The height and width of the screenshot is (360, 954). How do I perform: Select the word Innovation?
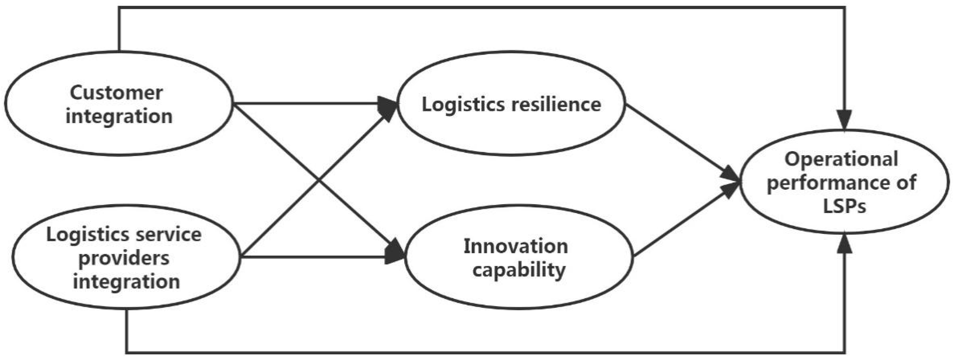[x=516, y=246]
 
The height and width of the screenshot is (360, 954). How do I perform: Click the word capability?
[x=519, y=270]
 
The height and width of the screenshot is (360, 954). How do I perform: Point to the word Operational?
[x=841, y=160]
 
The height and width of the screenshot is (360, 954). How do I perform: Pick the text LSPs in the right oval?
[x=844, y=206]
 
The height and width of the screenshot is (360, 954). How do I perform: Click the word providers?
[x=124, y=258]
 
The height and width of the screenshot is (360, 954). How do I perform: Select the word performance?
[x=826, y=183]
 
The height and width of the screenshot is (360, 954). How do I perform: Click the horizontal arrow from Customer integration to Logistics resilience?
[x=311, y=103]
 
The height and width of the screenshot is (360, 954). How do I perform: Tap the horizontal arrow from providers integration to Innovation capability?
[x=315, y=256]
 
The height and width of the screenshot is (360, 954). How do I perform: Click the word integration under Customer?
[x=119, y=116]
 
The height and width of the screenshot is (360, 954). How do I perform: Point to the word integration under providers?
[x=126, y=281]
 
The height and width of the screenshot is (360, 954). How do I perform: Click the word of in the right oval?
[x=906, y=183]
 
